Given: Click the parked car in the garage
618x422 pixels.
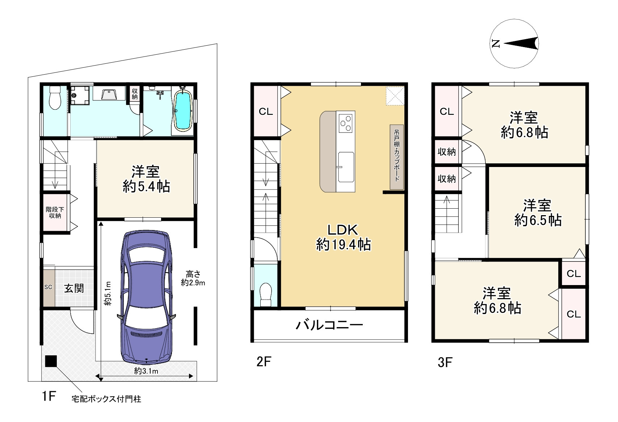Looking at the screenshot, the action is click(x=147, y=298).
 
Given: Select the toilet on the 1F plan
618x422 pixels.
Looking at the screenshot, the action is click(x=55, y=97).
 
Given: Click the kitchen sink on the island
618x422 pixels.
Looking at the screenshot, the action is click(x=346, y=167).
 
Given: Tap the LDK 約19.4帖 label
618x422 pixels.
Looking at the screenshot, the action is click(x=343, y=237).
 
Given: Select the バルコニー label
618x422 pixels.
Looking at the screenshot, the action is click(x=329, y=325).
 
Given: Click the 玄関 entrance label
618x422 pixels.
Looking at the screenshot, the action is click(x=74, y=288).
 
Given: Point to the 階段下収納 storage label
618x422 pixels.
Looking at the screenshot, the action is click(x=55, y=213).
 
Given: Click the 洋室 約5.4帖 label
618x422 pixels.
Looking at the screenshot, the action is click(x=146, y=179).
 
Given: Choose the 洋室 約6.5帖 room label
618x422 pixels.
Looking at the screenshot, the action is click(x=538, y=213).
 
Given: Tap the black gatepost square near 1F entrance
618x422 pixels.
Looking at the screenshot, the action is click(x=51, y=361).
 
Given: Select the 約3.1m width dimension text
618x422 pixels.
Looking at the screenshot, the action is click(x=146, y=371).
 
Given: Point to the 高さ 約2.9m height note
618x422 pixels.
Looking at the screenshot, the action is click(x=193, y=279).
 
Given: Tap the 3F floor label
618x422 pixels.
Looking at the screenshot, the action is click(x=445, y=362).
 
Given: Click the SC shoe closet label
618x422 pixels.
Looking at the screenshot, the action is click(x=48, y=287).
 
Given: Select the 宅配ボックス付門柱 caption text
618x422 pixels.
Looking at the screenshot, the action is click(x=106, y=399).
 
